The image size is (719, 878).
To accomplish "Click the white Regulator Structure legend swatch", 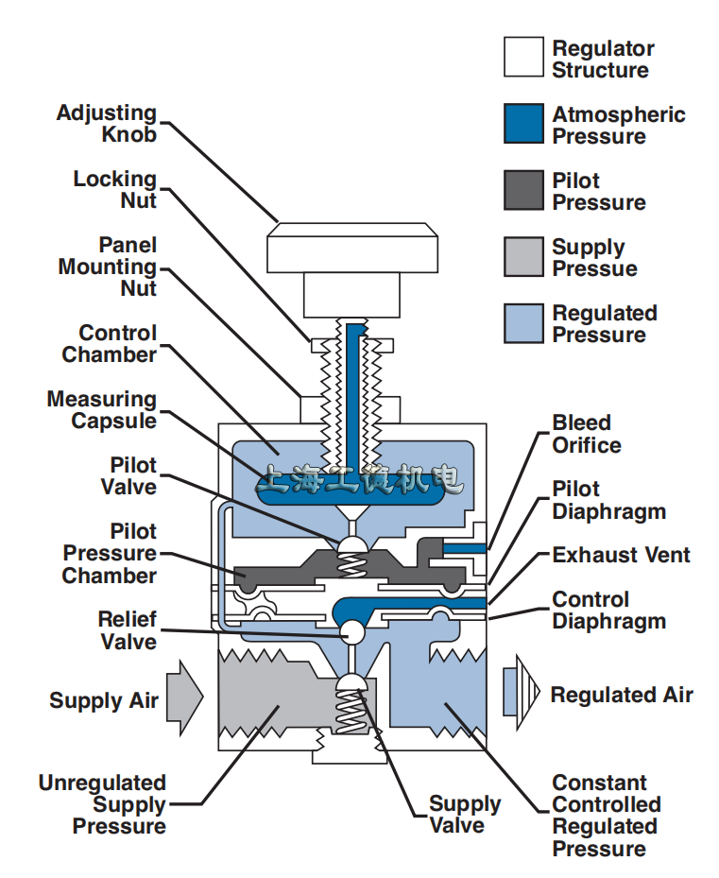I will pos(523,58).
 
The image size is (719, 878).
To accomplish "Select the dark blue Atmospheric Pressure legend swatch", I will pos(523,124).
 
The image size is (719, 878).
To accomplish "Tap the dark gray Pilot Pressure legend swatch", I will pos(523,190).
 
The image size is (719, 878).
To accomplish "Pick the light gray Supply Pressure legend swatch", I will pos(523,257).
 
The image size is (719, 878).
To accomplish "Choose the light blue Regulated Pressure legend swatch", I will pos(523,323).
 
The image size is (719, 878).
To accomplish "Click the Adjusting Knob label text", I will pos(106,124).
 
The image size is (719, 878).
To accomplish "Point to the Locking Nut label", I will pos(115,189).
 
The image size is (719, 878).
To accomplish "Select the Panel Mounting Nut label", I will pos(108,266).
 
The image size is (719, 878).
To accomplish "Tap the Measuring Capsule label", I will pos(102,409).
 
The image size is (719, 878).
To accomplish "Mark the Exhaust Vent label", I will pos(621,555).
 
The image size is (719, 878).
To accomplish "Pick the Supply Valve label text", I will pos(465,815).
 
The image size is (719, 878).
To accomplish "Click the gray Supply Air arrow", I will pos(185,699).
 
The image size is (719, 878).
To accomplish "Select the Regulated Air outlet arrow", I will pos(521,696).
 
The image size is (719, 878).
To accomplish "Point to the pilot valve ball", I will pos(351,543).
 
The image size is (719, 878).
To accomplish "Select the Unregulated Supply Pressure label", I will pos(103,804).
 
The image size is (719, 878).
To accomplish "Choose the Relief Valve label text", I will pos(128,630).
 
